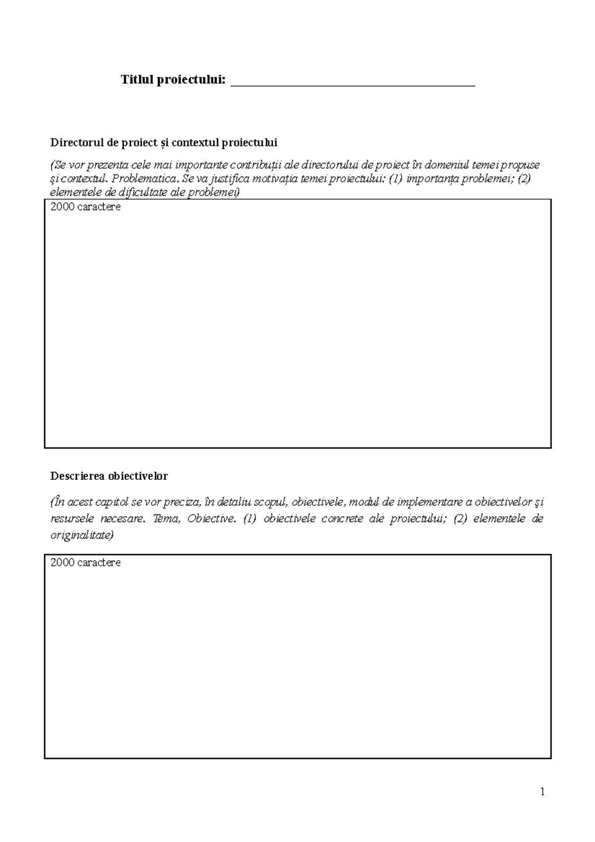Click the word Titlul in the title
(136, 80)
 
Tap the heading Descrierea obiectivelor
(109, 476)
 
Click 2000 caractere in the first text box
(85, 207)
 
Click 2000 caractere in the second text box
(85, 563)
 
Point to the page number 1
(542, 791)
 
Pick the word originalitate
(82, 535)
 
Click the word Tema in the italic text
(165, 519)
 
